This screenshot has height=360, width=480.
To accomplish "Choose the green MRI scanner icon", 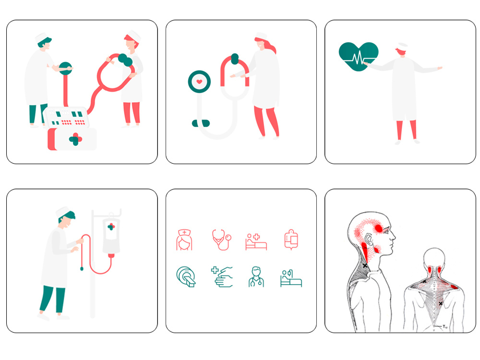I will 186,277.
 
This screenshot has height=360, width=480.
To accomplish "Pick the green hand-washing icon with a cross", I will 222,277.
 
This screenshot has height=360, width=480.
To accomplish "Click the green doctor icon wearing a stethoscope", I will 256,277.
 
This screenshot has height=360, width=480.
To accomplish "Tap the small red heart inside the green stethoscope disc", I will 199,82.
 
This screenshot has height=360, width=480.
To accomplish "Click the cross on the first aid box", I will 75,140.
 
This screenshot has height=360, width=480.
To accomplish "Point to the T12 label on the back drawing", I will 445,326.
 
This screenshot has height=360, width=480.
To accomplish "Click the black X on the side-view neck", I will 365,265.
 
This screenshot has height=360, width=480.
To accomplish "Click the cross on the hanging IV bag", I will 111,227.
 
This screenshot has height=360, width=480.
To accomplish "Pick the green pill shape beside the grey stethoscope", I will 201,123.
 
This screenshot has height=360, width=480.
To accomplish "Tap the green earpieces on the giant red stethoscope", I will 125,60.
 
